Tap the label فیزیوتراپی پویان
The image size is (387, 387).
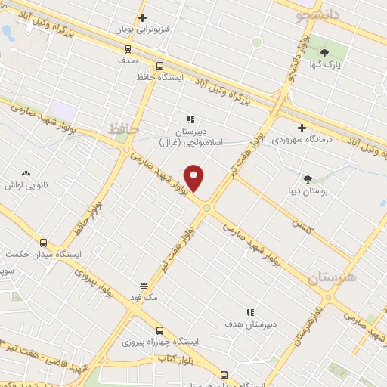(x=144, y=30)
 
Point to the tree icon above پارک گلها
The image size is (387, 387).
(x=324, y=53)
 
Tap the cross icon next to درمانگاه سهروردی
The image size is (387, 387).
(x=302, y=128)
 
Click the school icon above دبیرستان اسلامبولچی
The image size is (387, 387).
(x=190, y=119)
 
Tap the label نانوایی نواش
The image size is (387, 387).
(x=26, y=184)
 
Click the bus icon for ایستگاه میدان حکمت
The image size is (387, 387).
(x=43, y=243)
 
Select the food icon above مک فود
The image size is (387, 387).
(x=144, y=286)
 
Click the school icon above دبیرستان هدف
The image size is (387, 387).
(x=250, y=312)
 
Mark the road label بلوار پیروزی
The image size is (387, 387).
(x=98, y=281)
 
